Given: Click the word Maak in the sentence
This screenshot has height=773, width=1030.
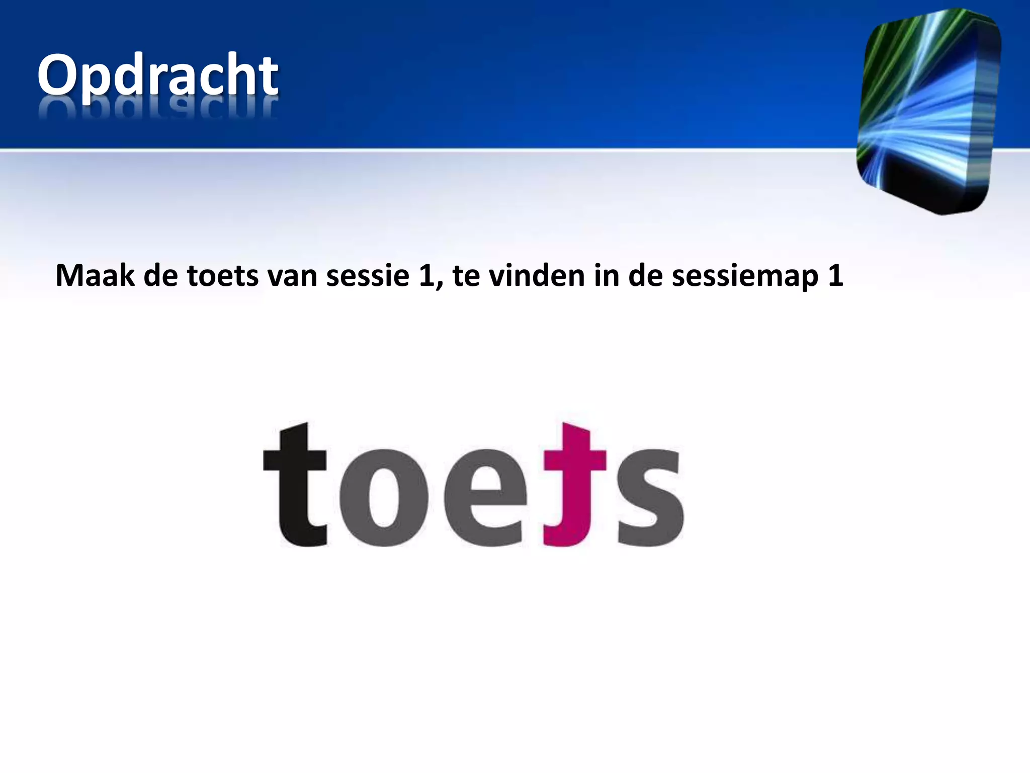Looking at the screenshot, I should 95,276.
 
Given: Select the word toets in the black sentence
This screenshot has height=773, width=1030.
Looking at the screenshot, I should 222,276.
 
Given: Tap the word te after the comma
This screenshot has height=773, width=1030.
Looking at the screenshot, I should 466,277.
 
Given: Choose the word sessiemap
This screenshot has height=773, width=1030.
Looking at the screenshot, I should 744,277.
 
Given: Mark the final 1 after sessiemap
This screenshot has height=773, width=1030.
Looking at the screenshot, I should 835,276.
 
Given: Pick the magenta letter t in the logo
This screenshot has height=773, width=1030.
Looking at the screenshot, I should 571,486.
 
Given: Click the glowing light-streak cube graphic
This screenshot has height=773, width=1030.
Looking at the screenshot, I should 928,111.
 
